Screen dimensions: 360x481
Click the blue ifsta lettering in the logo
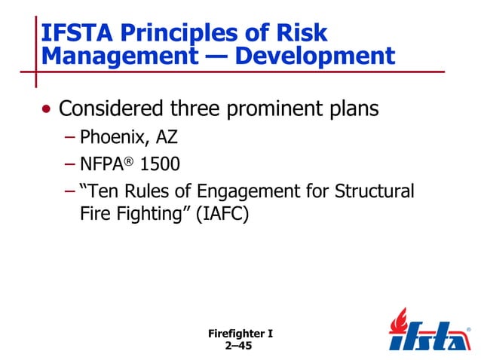coord(426,337)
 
